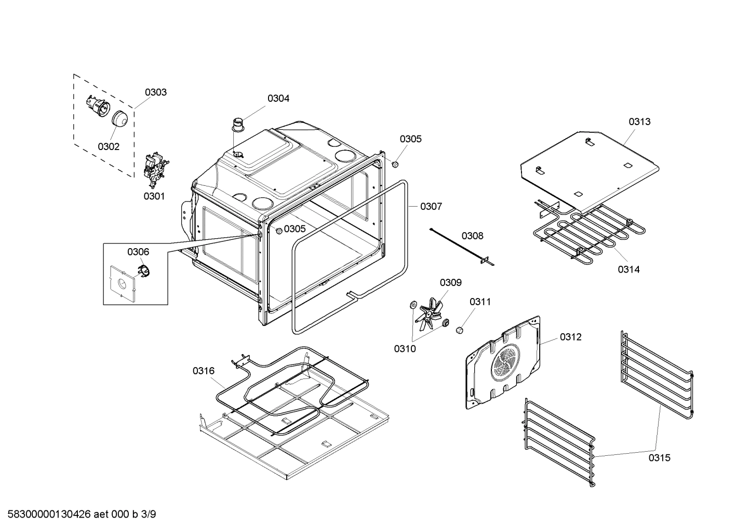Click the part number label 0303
point(155,92)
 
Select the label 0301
point(154,196)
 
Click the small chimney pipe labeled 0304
point(238,126)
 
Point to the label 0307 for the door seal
point(431,207)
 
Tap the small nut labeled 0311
point(459,330)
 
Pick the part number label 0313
point(639,121)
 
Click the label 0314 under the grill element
point(628,269)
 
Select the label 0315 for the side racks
point(659,457)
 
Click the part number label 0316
point(203,371)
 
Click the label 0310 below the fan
point(405,349)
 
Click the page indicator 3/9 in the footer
point(148,514)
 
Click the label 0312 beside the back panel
point(570,337)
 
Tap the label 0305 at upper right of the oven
point(410,139)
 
